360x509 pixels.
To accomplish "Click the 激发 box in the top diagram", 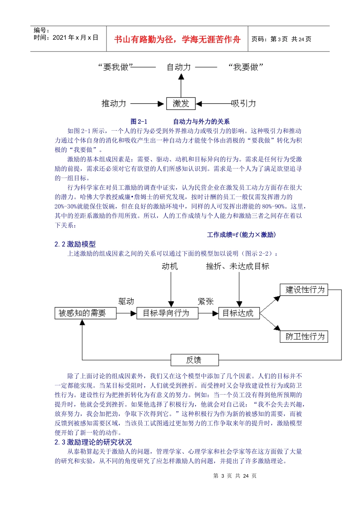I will (181, 103).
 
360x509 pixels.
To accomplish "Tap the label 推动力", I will (114, 103).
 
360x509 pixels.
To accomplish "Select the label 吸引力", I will (244, 103).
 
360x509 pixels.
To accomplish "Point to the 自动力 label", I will (179, 67).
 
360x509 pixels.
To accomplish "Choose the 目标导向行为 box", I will (166, 313).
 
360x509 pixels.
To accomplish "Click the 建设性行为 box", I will (304, 290).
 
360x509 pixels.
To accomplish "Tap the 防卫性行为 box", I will (304, 337).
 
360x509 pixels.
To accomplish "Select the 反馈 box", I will (194, 360).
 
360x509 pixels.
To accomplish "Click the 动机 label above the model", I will (170, 267).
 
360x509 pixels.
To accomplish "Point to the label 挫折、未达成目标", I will (238, 267).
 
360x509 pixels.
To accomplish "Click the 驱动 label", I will (126, 301).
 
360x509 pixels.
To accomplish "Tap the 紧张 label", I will (206, 301).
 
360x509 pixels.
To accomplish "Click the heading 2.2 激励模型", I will (75, 244).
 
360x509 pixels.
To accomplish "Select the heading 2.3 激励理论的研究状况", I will (93, 442).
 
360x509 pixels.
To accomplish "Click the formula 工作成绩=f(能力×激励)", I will (241, 235).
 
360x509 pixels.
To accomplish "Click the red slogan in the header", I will (177, 39).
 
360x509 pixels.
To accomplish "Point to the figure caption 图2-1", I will (139, 122).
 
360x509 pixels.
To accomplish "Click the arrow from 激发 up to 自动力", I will (181, 86).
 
